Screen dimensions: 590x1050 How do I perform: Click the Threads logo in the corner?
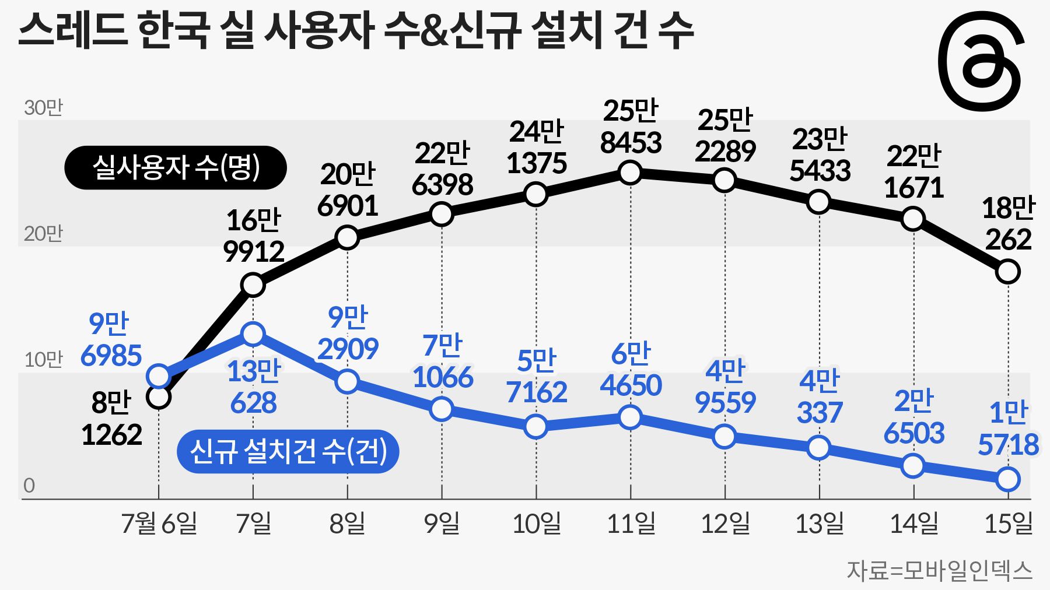point(981,61)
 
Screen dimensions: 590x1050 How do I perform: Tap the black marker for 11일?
point(631,173)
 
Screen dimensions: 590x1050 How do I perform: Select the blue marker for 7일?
point(253,334)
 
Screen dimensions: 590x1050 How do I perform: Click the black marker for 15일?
point(1008,271)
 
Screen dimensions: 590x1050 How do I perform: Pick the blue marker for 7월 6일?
point(159,376)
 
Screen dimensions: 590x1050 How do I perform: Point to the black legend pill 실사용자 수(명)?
point(176,168)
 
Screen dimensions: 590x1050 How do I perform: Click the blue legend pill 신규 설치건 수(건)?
point(288,451)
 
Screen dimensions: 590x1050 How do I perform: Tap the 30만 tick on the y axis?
point(43,108)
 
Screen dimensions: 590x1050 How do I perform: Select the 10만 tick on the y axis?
point(43,360)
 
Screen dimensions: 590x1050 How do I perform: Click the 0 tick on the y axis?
point(29,486)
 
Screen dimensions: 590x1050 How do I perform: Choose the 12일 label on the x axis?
point(725,523)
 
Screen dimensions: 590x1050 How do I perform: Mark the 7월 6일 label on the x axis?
point(159,523)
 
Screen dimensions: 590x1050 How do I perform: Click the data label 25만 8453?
point(631,127)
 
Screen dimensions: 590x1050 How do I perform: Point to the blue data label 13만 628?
point(253,387)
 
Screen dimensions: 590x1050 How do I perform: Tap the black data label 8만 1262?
point(111,419)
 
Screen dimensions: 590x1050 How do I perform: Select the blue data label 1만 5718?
point(1008,429)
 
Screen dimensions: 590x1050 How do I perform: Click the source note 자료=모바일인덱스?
point(939,571)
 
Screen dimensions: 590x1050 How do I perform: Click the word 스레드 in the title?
point(73,30)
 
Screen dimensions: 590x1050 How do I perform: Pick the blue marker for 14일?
point(913,466)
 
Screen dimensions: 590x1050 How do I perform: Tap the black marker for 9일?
point(442,215)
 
